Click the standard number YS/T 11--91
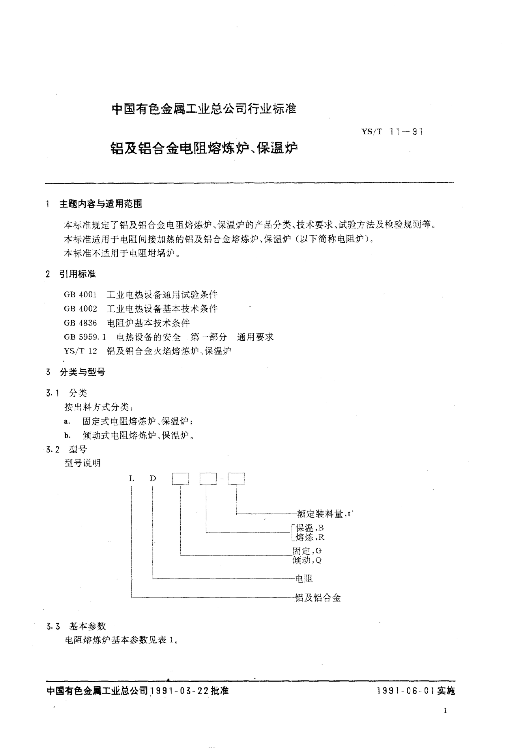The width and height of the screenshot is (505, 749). point(392,132)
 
